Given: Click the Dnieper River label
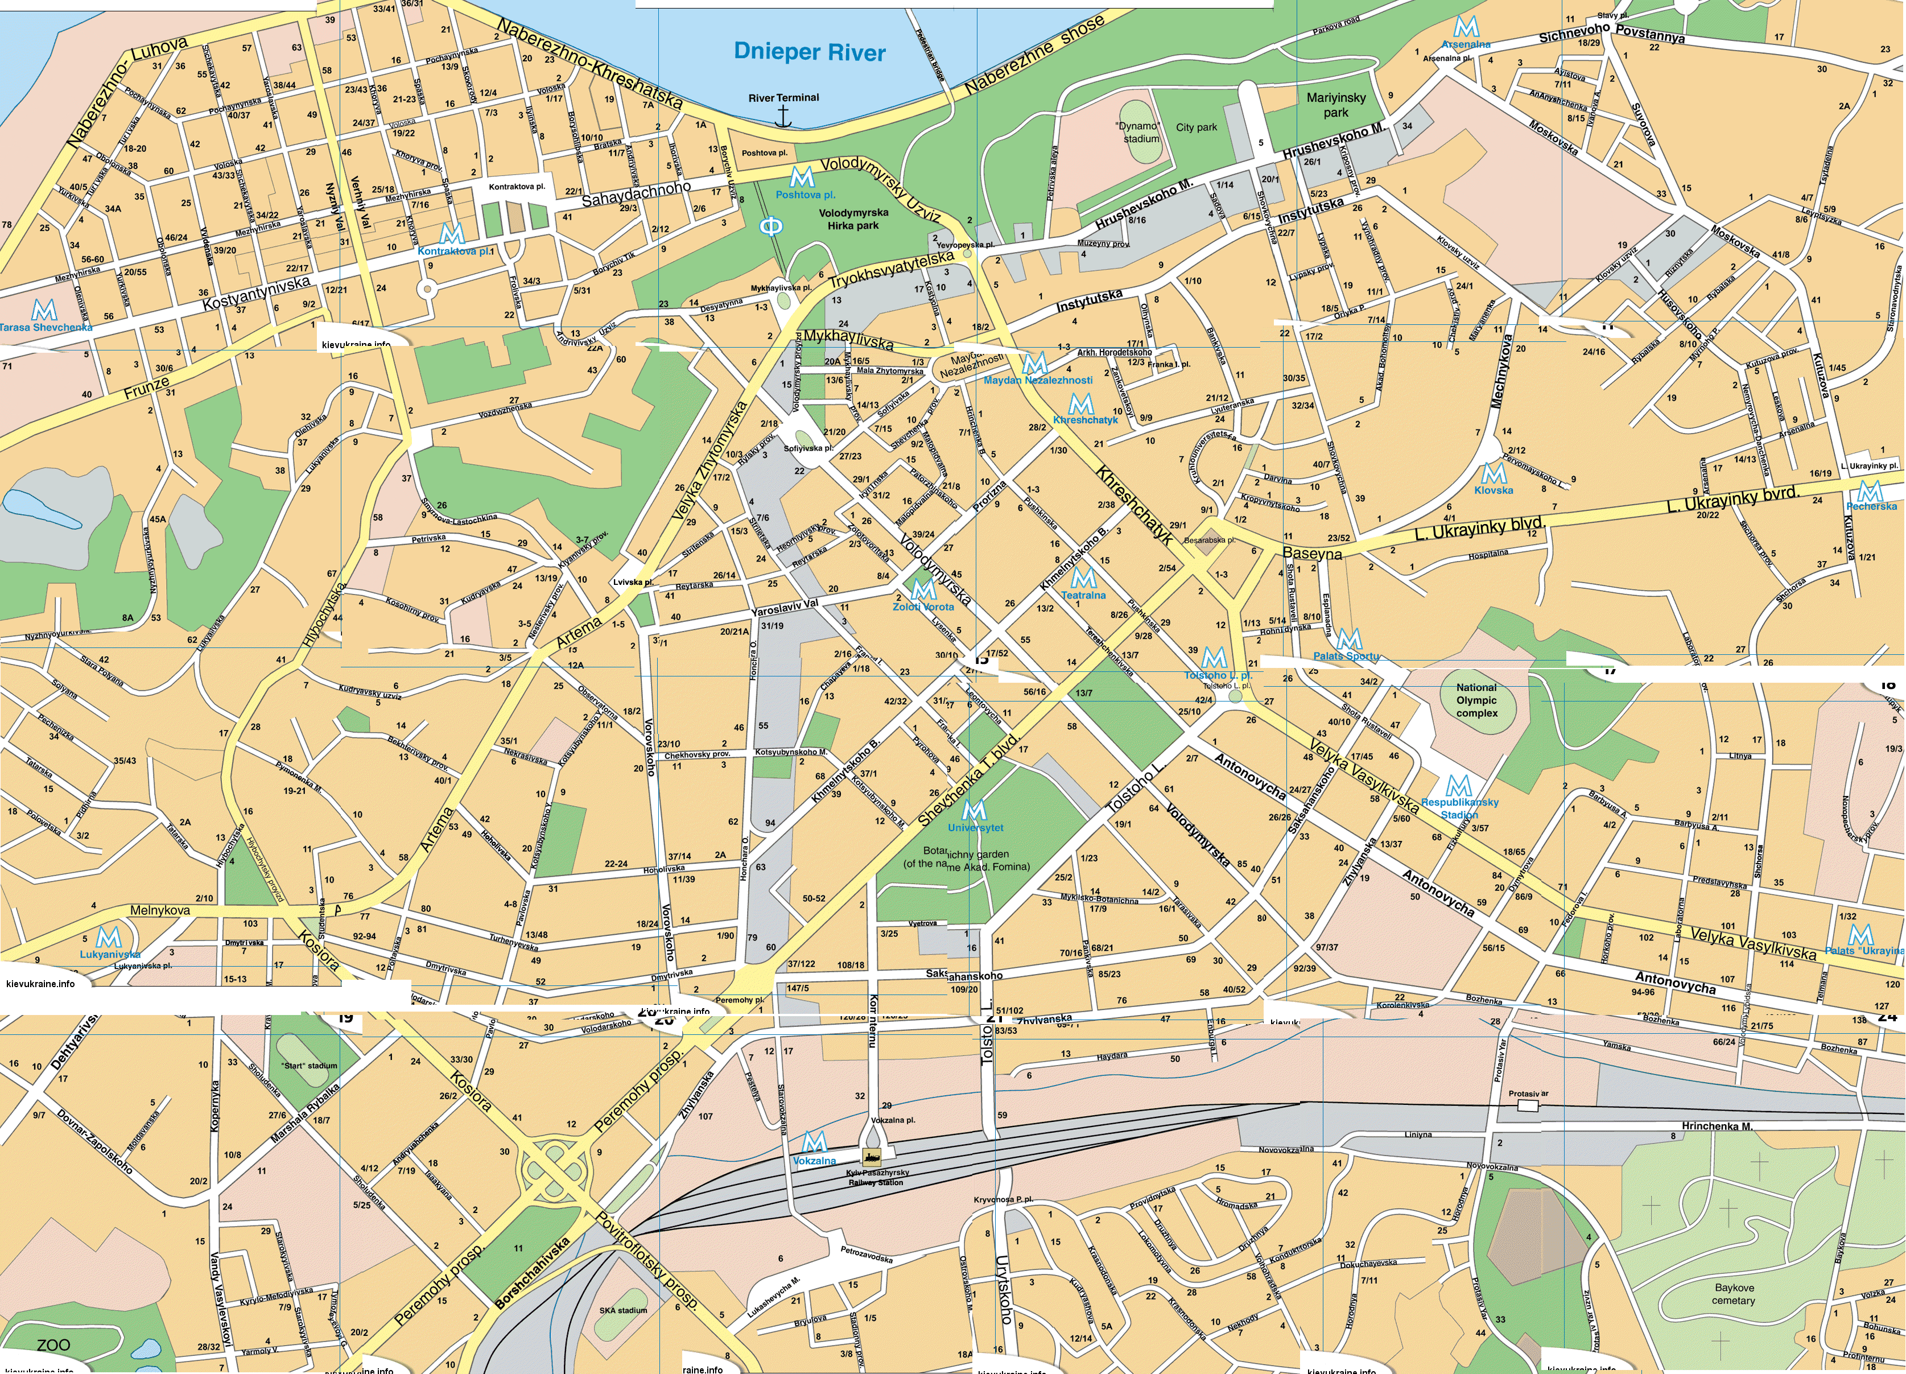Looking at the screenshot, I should pos(809,52).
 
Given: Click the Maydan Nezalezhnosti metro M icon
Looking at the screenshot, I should pos(1034,364).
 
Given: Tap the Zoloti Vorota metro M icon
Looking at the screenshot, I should pos(923,589).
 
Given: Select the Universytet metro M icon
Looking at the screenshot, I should pos(974,811).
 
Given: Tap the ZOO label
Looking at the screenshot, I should pos(53,1344).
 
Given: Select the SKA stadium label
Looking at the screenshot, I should pos(623,1310).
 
